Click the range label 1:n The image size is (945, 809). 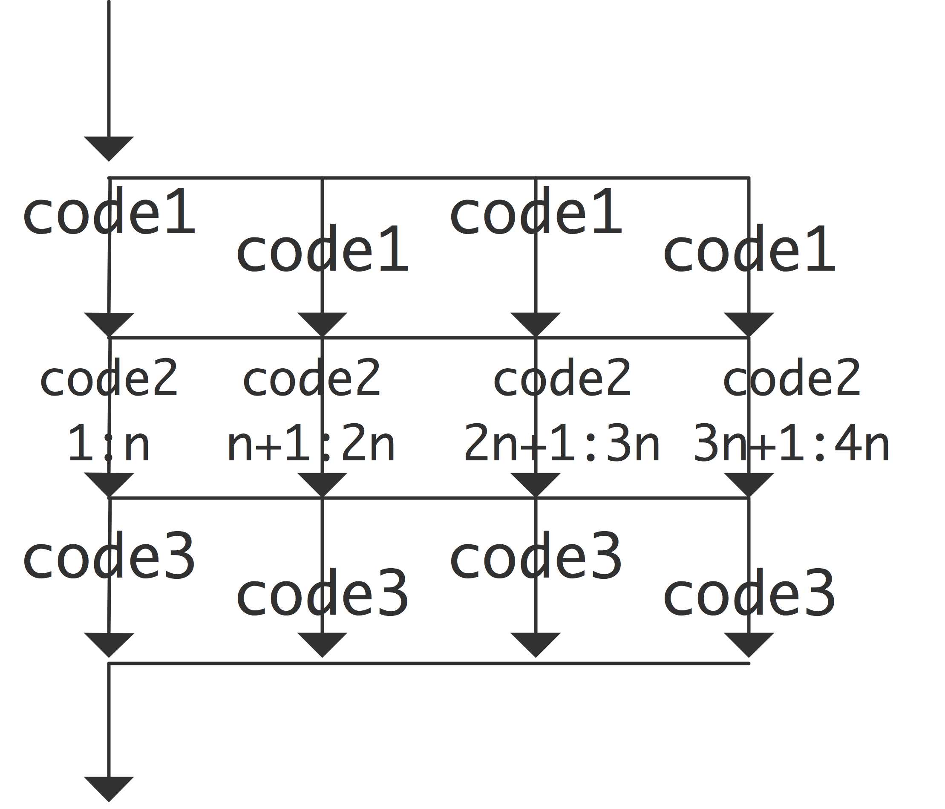point(109,443)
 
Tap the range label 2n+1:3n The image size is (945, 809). point(562,443)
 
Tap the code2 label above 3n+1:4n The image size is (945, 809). point(792,378)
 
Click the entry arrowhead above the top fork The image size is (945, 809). point(109,147)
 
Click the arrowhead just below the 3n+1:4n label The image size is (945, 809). point(749,484)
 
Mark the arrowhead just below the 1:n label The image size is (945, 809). point(109,484)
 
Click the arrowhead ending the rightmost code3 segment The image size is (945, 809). point(749,644)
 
